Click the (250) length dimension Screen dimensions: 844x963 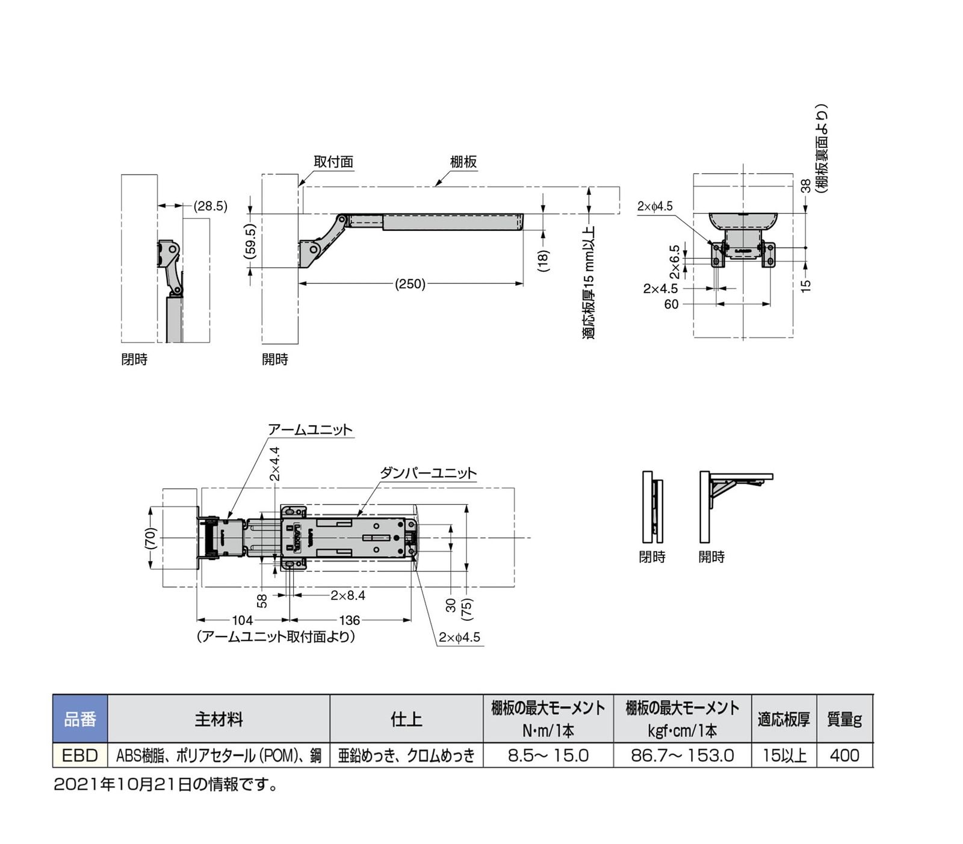410,284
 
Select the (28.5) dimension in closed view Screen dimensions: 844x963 210,206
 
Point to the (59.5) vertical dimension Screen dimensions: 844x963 251,242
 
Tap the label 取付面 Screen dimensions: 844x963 333,162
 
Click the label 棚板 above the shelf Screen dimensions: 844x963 463,162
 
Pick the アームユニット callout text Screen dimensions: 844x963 310,430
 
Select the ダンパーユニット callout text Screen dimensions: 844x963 428,473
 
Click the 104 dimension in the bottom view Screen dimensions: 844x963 243,620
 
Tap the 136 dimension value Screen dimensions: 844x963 349,620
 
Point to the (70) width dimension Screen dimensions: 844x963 150,538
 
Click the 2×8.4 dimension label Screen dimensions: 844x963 347,596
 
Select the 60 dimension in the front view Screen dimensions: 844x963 671,304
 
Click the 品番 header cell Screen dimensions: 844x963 80,719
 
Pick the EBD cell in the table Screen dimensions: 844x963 80,756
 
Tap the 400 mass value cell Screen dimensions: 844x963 844,756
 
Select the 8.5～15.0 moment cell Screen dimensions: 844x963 548,756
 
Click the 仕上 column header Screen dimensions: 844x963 406,719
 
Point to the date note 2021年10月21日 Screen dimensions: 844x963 165,785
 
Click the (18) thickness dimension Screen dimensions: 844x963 543,260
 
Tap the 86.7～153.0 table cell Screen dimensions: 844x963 682,756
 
